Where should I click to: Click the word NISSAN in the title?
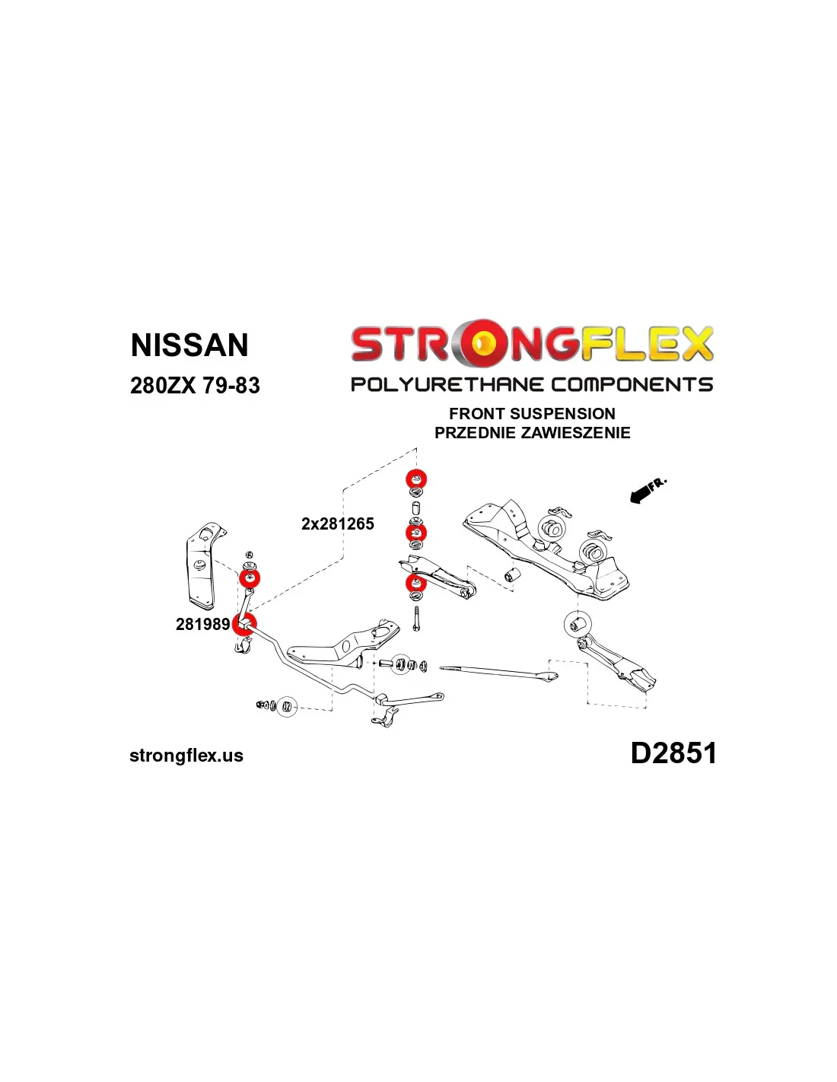(189, 345)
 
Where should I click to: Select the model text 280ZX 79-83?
(195, 386)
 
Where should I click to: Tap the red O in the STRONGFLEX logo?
(483, 343)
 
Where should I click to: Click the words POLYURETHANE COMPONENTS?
(531, 385)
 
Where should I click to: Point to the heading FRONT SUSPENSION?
(532, 414)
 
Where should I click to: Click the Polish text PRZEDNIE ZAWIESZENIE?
(533, 433)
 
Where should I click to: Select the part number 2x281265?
(337, 523)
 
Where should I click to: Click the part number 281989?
(202, 625)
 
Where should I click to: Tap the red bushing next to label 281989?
(244, 625)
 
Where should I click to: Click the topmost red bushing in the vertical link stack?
(416, 479)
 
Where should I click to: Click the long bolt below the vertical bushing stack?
(416, 619)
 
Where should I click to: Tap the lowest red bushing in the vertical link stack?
(415, 583)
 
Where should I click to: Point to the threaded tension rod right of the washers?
(498, 672)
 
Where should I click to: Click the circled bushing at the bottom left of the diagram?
(286, 706)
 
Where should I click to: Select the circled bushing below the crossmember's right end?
(578, 624)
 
